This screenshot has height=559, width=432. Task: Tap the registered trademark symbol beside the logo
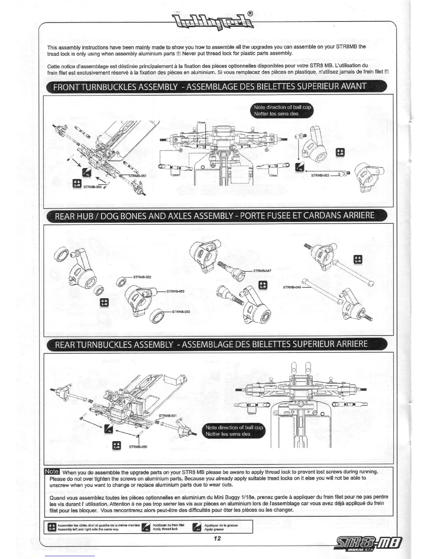250,14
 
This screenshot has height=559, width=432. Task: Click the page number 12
217,538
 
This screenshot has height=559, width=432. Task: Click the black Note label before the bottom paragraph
52,472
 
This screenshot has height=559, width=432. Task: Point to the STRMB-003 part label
320,175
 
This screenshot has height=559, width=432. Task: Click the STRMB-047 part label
262,271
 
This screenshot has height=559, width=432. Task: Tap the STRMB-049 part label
292,287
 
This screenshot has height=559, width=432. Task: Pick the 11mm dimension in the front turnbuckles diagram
201,122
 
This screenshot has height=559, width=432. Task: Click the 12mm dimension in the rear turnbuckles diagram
252,413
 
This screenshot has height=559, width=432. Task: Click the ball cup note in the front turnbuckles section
283,110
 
